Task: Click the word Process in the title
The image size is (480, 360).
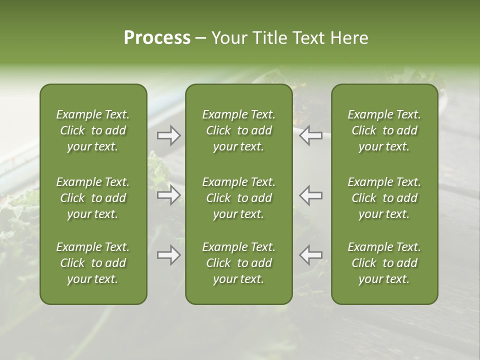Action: click(x=157, y=38)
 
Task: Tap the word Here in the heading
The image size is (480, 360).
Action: click(x=349, y=38)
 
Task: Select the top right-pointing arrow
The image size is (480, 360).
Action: click(x=168, y=135)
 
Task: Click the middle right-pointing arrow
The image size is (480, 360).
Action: click(x=168, y=195)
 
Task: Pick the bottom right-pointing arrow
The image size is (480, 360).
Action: click(x=168, y=255)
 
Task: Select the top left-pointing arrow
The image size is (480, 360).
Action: click(x=310, y=135)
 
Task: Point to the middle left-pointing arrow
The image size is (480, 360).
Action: click(x=310, y=195)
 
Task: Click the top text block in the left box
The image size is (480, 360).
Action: click(x=93, y=130)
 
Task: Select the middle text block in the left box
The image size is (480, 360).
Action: click(x=93, y=198)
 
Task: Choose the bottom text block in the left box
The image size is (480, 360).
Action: click(x=93, y=263)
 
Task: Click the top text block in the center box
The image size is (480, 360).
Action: click(x=239, y=130)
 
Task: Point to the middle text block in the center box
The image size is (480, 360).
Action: click(x=239, y=198)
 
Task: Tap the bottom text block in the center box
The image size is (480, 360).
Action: click(x=239, y=263)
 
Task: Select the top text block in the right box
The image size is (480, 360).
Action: click(x=384, y=130)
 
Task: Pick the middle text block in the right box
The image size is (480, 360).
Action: click(x=384, y=198)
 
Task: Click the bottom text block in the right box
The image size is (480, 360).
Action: click(x=384, y=263)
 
